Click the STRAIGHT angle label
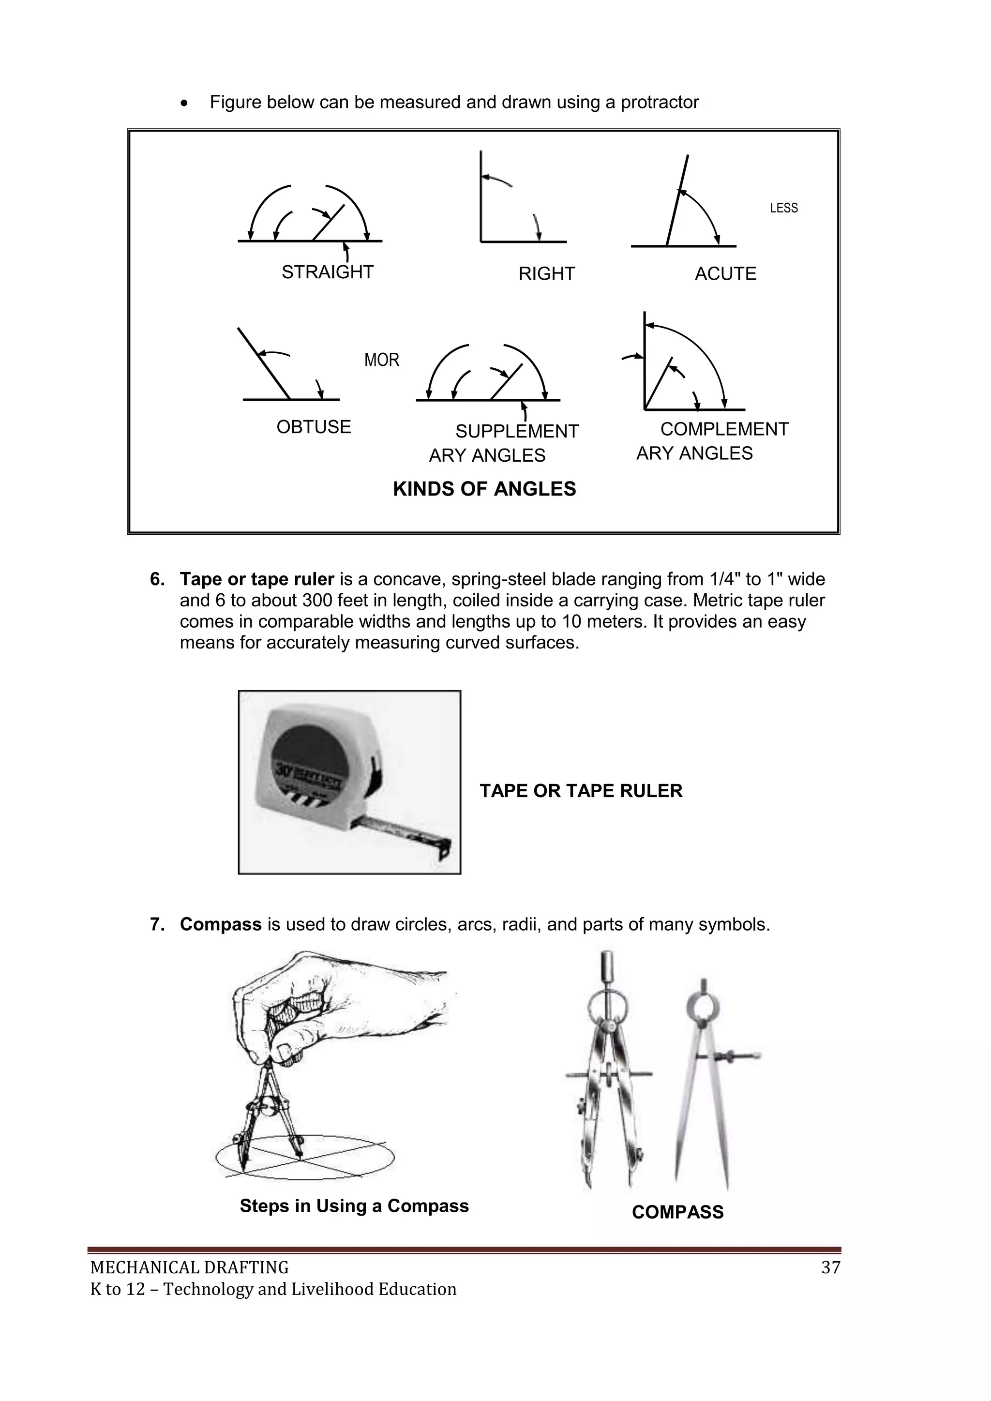tap(327, 272)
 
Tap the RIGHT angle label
tap(546, 274)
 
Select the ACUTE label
tap(725, 274)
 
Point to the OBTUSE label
tap(314, 427)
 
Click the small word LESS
tap(783, 208)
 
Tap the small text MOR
tap(381, 360)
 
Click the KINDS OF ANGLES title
tap(484, 489)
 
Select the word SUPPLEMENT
tap(516, 431)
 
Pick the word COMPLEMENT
tap(724, 430)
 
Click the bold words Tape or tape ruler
tap(256, 579)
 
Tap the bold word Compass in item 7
tap(220, 924)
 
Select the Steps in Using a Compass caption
tap(354, 1206)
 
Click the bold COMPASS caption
tap(677, 1212)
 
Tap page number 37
tap(830, 1268)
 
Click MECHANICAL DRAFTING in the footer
tap(189, 1268)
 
